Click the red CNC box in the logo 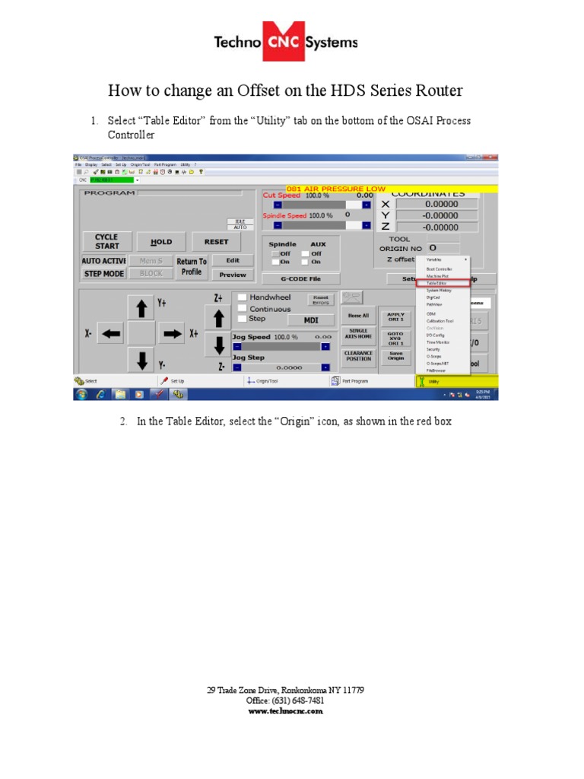[283, 44]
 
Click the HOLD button [162, 242]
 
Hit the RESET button [216, 242]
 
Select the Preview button [233, 275]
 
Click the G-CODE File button [300, 279]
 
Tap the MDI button [311, 320]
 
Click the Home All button [358, 315]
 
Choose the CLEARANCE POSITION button [358, 356]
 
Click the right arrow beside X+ [170, 333]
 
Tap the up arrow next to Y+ [141, 308]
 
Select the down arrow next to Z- [218, 345]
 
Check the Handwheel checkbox [242, 297]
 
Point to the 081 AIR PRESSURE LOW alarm [335, 189]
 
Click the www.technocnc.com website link [286, 711]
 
